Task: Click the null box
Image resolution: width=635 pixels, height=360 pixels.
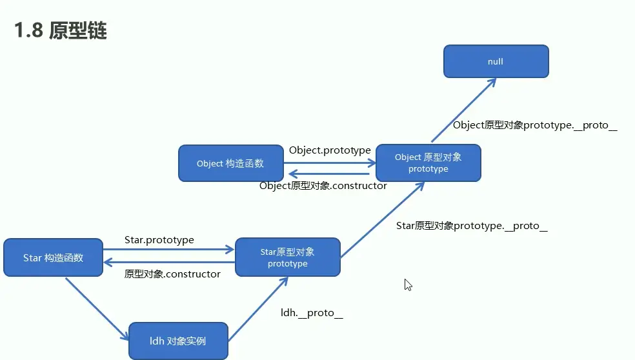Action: tap(496, 62)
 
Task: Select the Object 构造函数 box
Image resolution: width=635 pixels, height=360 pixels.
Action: tap(230, 163)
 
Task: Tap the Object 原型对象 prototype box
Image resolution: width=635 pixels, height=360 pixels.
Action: tap(428, 163)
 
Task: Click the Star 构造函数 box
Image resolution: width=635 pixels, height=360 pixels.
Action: tap(53, 257)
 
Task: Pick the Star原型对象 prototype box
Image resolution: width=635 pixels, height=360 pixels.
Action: tap(287, 257)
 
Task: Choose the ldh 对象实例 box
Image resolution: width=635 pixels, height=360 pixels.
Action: tap(177, 341)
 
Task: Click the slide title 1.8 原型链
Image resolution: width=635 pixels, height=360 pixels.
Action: tap(61, 31)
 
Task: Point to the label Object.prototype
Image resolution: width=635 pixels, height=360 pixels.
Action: tap(330, 150)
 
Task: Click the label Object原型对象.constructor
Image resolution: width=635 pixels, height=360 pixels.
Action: tap(323, 186)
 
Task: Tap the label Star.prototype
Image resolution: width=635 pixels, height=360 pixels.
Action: tap(159, 240)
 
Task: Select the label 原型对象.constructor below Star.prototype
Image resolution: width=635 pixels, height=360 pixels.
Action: tap(172, 274)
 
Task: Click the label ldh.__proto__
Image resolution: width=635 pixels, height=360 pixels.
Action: tap(311, 313)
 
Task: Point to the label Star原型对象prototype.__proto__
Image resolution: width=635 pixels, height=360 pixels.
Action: tap(472, 226)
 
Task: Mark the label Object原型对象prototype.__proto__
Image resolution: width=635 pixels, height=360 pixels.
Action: tap(535, 125)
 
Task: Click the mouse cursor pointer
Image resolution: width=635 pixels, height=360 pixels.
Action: tap(407, 285)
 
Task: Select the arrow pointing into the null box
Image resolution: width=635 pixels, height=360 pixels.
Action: tap(463, 110)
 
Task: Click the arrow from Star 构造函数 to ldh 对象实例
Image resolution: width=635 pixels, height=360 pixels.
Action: tap(97, 308)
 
